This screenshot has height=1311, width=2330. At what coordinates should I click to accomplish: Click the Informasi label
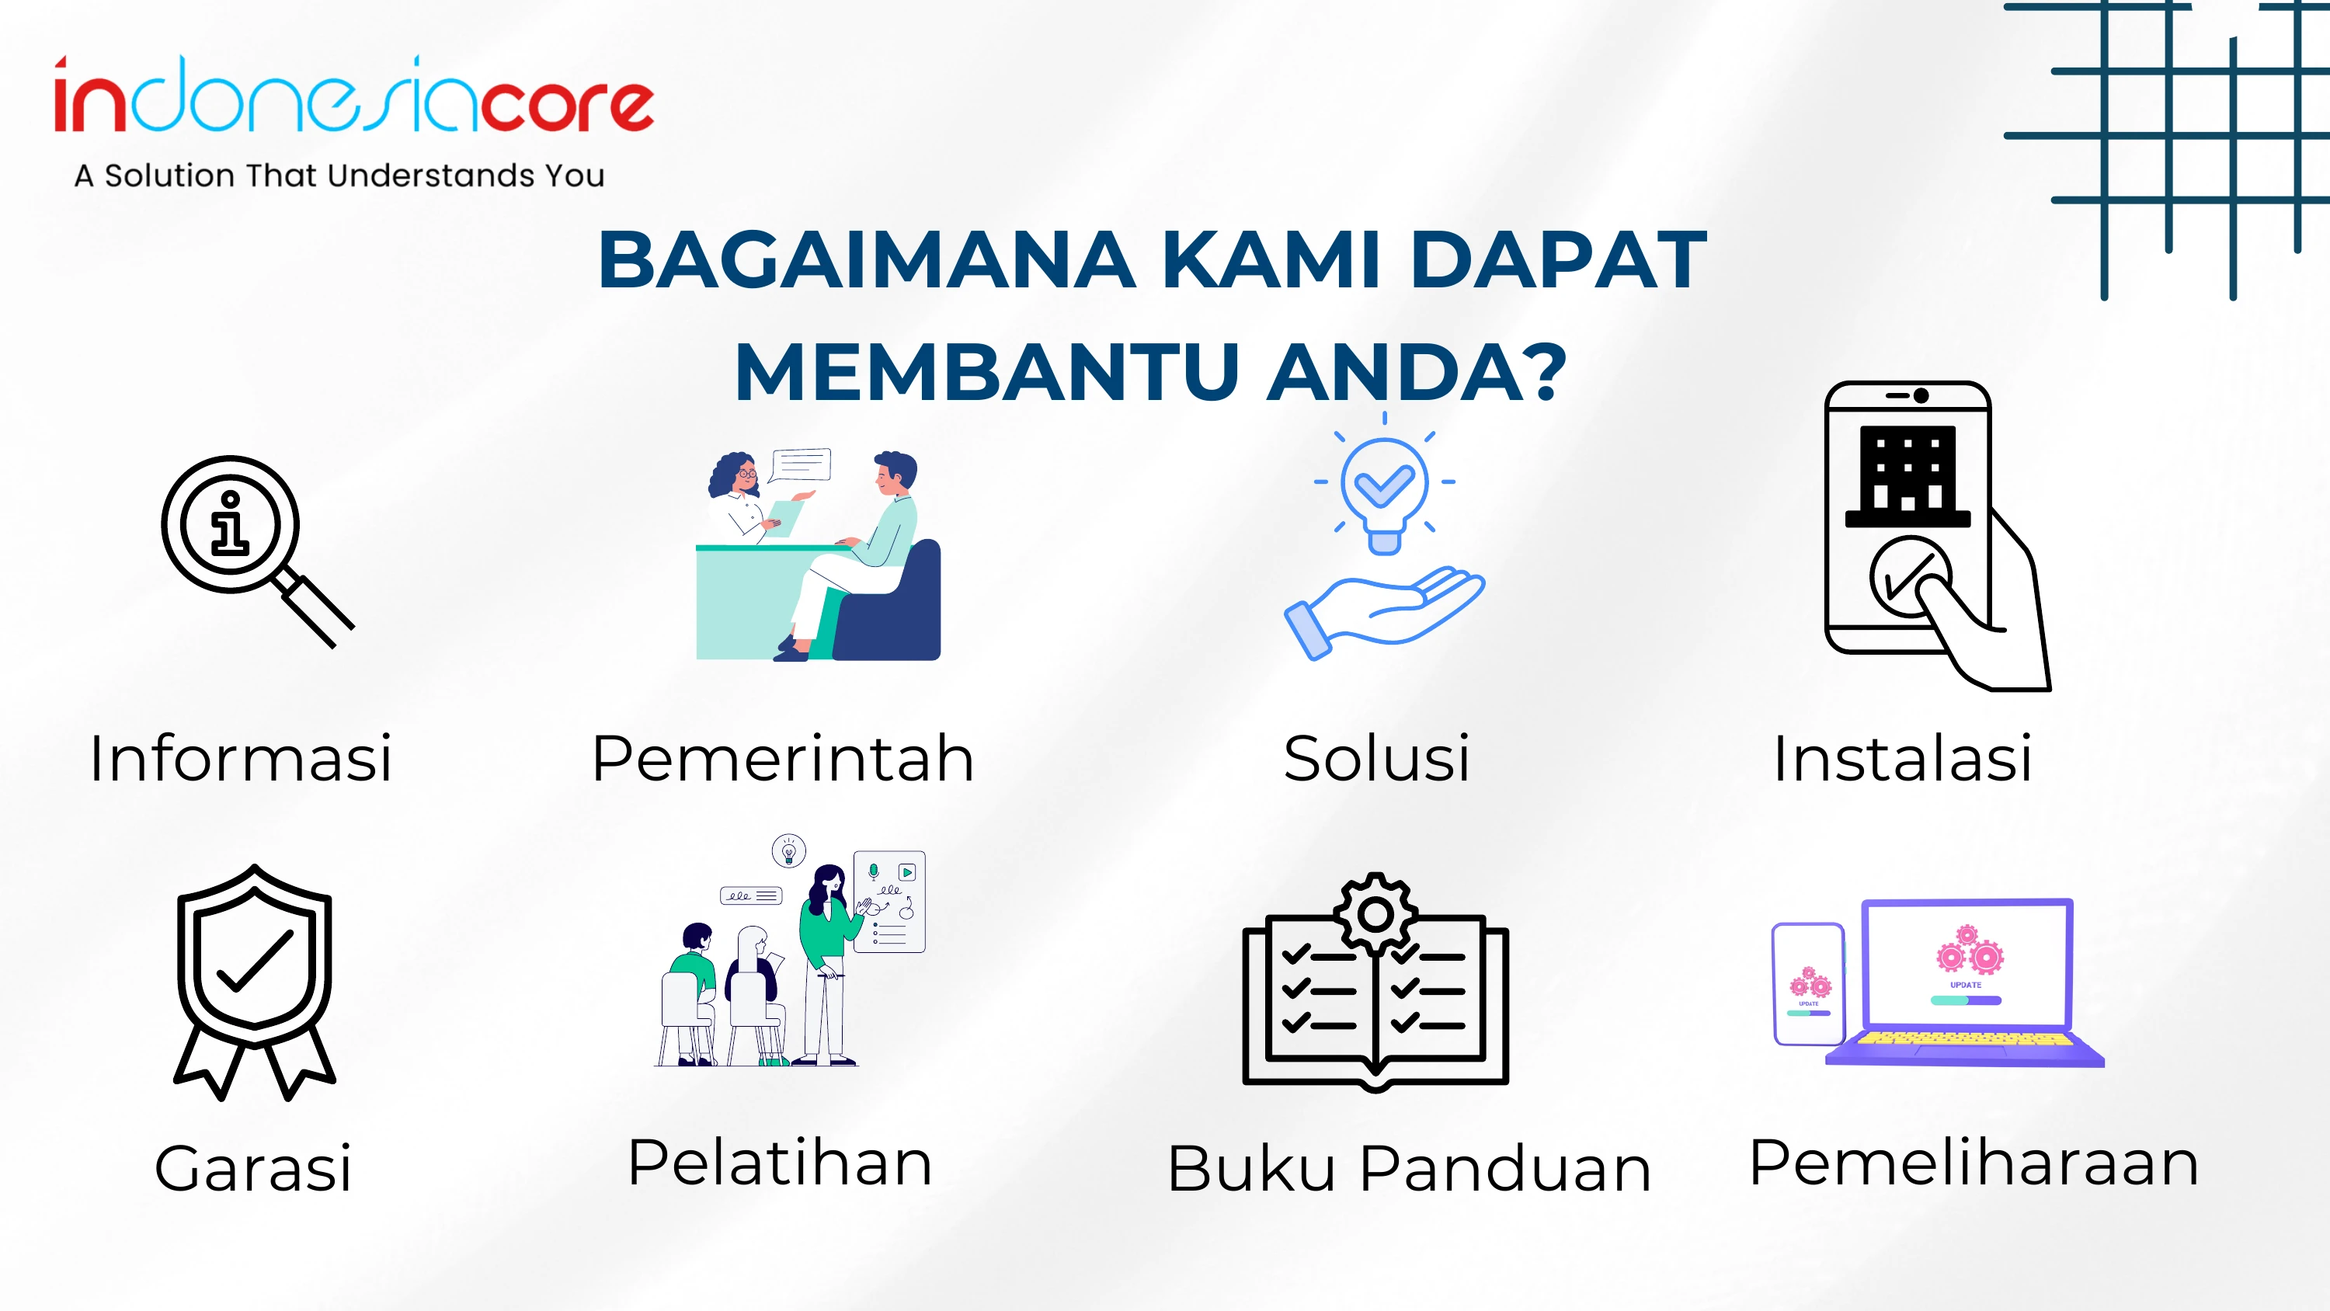[x=241, y=757]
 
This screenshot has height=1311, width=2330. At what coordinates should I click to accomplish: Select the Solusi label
[x=1377, y=757]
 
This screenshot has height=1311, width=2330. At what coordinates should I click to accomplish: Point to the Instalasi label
[x=1902, y=757]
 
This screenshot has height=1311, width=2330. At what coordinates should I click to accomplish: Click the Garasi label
[x=253, y=1167]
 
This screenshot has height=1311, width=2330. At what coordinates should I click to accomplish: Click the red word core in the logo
[x=566, y=106]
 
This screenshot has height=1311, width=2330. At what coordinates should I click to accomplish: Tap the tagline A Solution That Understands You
[x=339, y=176]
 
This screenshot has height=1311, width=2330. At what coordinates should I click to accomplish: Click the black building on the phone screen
[x=1907, y=476]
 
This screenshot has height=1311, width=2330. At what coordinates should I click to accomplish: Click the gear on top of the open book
[x=1375, y=915]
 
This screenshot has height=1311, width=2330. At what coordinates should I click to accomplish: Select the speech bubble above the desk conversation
[x=800, y=465]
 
